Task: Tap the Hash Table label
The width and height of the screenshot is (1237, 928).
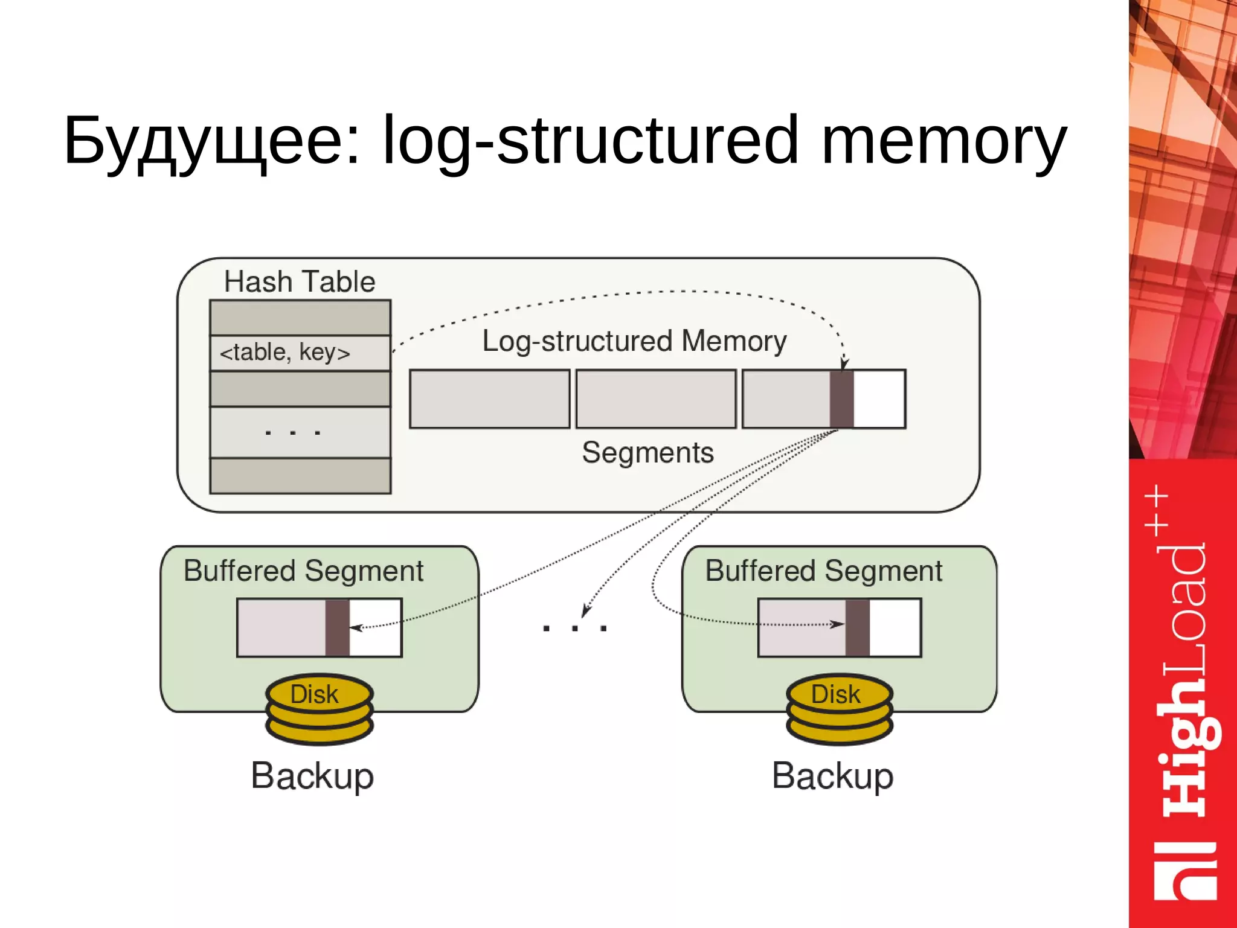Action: point(300,281)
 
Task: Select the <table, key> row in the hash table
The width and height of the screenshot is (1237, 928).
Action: point(300,353)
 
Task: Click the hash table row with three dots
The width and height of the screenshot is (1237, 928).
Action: point(300,432)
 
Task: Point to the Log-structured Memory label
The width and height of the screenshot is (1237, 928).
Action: point(634,341)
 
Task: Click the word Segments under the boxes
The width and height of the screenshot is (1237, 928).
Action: point(647,453)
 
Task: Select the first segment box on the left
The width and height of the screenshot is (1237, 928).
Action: point(489,399)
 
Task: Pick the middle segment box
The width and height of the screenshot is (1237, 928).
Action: point(656,399)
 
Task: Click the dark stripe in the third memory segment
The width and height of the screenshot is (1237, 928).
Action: point(841,399)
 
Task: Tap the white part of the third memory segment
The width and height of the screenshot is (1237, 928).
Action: point(879,399)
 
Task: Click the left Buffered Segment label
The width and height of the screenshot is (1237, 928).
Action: point(303,571)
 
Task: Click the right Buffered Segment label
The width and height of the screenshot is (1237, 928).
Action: point(823,571)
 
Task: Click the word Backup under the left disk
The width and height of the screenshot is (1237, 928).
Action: point(312,776)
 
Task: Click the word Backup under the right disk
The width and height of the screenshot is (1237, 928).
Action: point(832,776)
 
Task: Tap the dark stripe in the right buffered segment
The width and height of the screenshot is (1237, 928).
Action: point(857,628)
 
